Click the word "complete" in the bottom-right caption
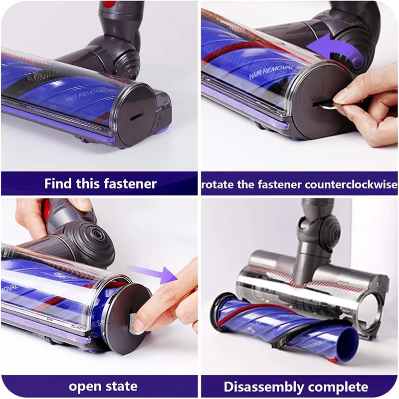[343, 387]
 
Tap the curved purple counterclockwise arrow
[329, 52]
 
